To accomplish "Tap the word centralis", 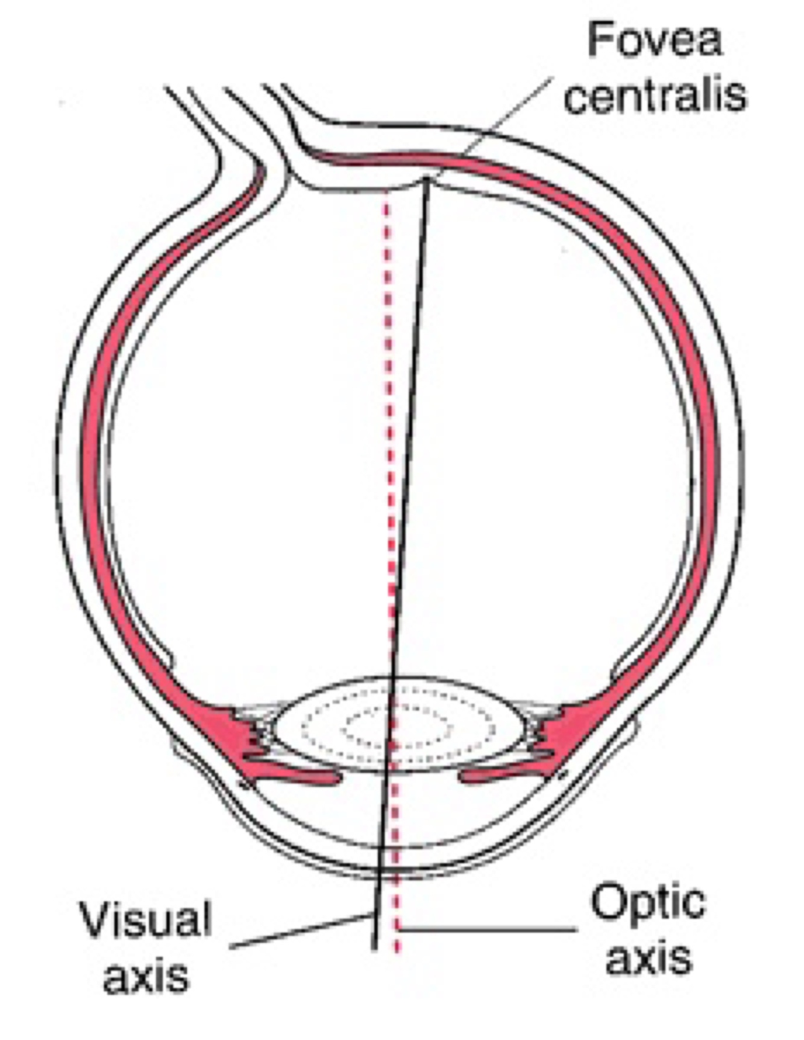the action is click(x=655, y=95).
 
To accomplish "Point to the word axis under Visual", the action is click(x=146, y=975).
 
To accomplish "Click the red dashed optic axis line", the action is click(x=389, y=422).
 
